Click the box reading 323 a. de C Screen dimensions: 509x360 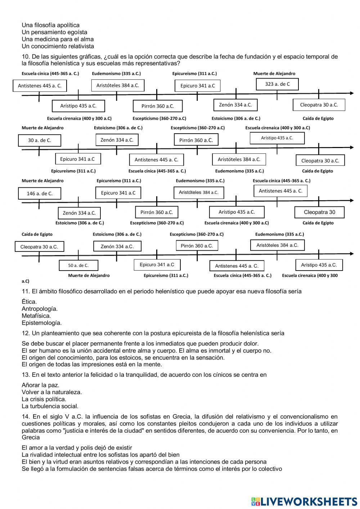click(277, 84)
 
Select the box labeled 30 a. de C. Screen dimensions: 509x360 click(40, 140)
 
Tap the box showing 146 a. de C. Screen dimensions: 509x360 click(40, 193)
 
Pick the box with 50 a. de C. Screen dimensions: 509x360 click(78, 265)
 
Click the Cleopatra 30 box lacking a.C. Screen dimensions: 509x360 click(319, 212)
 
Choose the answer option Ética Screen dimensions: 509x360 click(29, 302)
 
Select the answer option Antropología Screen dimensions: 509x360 click(40, 309)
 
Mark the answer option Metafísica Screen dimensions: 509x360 click(36, 316)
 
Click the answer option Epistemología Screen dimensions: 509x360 click(41, 323)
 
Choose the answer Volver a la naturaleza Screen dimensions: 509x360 click(52, 392)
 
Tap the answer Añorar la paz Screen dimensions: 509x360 click(40, 385)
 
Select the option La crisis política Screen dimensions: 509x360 click(44, 399)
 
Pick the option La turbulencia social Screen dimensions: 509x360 click(50, 406)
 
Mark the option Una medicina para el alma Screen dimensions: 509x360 click(58, 39)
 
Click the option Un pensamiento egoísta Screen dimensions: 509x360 click(54, 32)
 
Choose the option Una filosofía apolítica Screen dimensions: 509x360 click(50, 25)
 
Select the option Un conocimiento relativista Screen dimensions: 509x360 click(58, 46)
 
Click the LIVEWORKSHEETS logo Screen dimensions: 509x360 click(304, 501)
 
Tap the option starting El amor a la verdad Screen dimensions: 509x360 click(77, 448)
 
